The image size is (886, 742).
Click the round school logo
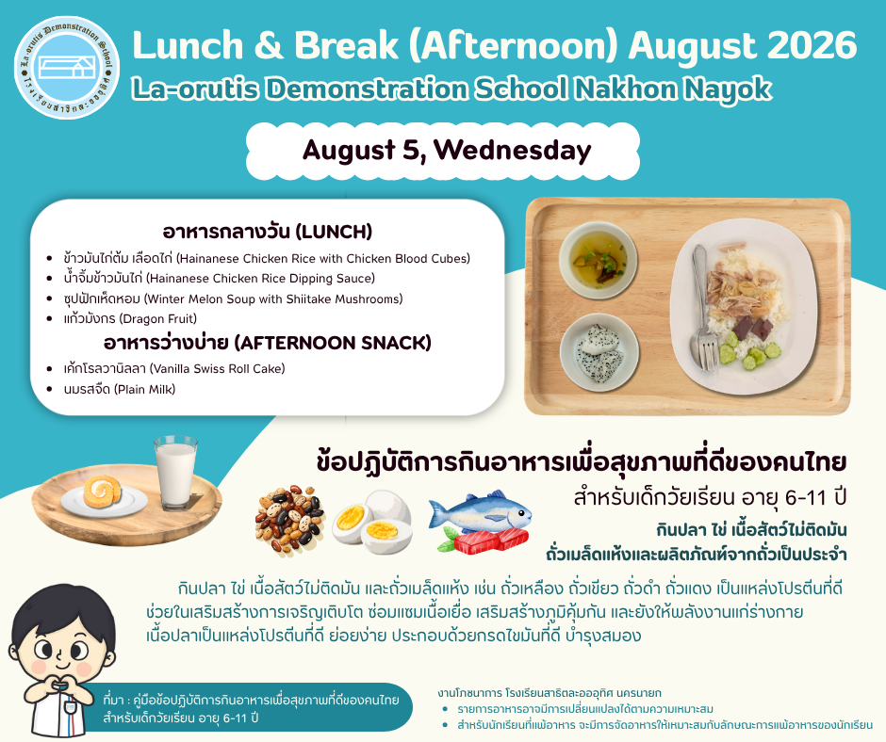[x=67, y=67]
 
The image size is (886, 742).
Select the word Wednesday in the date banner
[x=513, y=150]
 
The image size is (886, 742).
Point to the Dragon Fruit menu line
[x=130, y=318]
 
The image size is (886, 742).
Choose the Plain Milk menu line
[x=119, y=389]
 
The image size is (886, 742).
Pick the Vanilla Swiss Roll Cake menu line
[x=174, y=369]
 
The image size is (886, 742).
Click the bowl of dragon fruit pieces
[x=599, y=353]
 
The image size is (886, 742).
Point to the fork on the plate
[x=702, y=308]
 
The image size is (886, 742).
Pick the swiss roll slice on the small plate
[x=103, y=491]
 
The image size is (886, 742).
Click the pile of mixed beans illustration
[x=290, y=520]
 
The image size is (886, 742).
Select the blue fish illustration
[x=481, y=511]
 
